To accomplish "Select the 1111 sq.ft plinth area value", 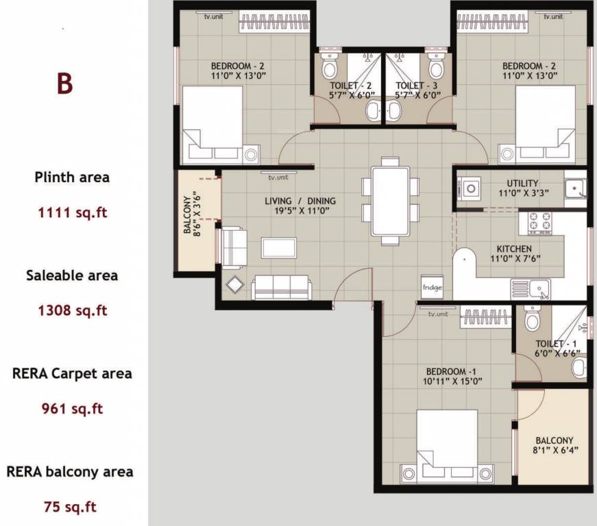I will pyautogui.click(x=73, y=212).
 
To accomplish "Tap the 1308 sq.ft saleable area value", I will pyautogui.click(x=73, y=310).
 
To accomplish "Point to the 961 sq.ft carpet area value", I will pyautogui.click(x=73, y=409).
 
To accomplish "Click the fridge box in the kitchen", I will pyautogui.click(x=432, y=287).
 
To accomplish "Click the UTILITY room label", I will pyautogui.click(x=522, y=184).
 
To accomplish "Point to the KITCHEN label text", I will pyautogui.click(x=514, y=249).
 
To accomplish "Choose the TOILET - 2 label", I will pyautogui.click(x=346, y=86).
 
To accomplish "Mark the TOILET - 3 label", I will pyautogui.click(x=416, y=86).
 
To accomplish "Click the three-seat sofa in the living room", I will pyautogui.click(x=281, y=287).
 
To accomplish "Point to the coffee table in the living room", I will pyautogui.click(x=279, y=247).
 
